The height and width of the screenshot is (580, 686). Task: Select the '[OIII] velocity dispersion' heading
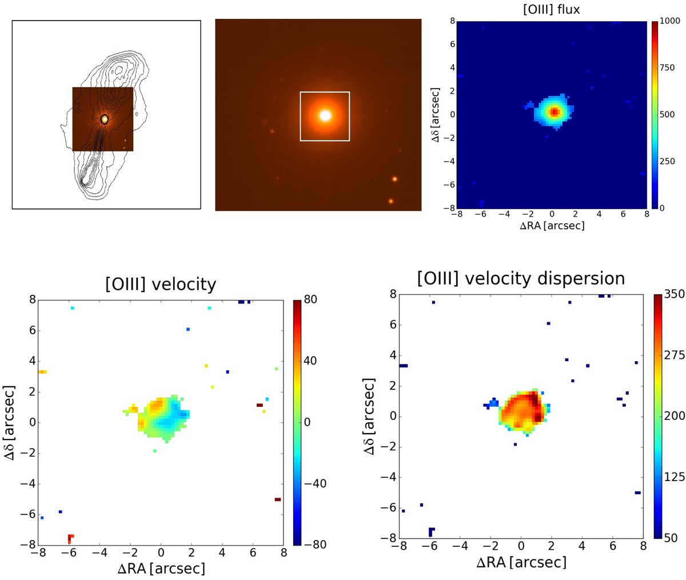(521, 278)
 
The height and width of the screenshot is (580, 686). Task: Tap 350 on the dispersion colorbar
(674, 295)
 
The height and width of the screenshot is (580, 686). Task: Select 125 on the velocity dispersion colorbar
(674, 477)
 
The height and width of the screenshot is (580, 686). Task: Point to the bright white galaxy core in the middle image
(325, 115)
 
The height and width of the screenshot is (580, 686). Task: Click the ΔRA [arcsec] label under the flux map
(552, 226)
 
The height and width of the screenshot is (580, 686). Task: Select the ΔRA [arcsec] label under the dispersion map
(521, 562)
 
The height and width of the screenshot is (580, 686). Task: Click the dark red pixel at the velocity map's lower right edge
(277, 499)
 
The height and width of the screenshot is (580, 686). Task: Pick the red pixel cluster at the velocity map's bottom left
(70, 538)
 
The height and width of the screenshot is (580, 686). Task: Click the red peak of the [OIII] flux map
(553, 112)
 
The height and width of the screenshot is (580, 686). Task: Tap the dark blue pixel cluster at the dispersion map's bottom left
(431, 531)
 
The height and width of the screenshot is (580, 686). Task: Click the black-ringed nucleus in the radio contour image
(105, 119)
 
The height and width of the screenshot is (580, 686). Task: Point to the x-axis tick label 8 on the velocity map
(283, 553)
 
